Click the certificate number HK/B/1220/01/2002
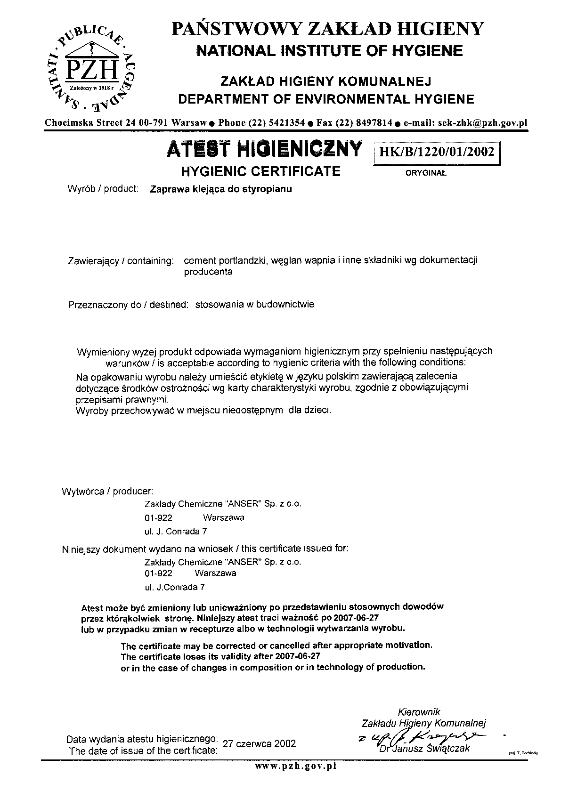pos(436,152)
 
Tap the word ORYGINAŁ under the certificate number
pos(426,173)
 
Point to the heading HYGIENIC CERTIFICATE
pos(260,171)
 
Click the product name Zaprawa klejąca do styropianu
pos(220,189)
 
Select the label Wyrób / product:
pos(103,189)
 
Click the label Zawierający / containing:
pos(121,260)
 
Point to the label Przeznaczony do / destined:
pos(128,305)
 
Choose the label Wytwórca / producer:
pos(107,492)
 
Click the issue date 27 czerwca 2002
pos(259,743)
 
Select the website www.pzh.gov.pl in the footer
pos(295,766)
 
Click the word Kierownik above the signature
pos(419,712)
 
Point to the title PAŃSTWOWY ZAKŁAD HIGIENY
pos(328,29)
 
